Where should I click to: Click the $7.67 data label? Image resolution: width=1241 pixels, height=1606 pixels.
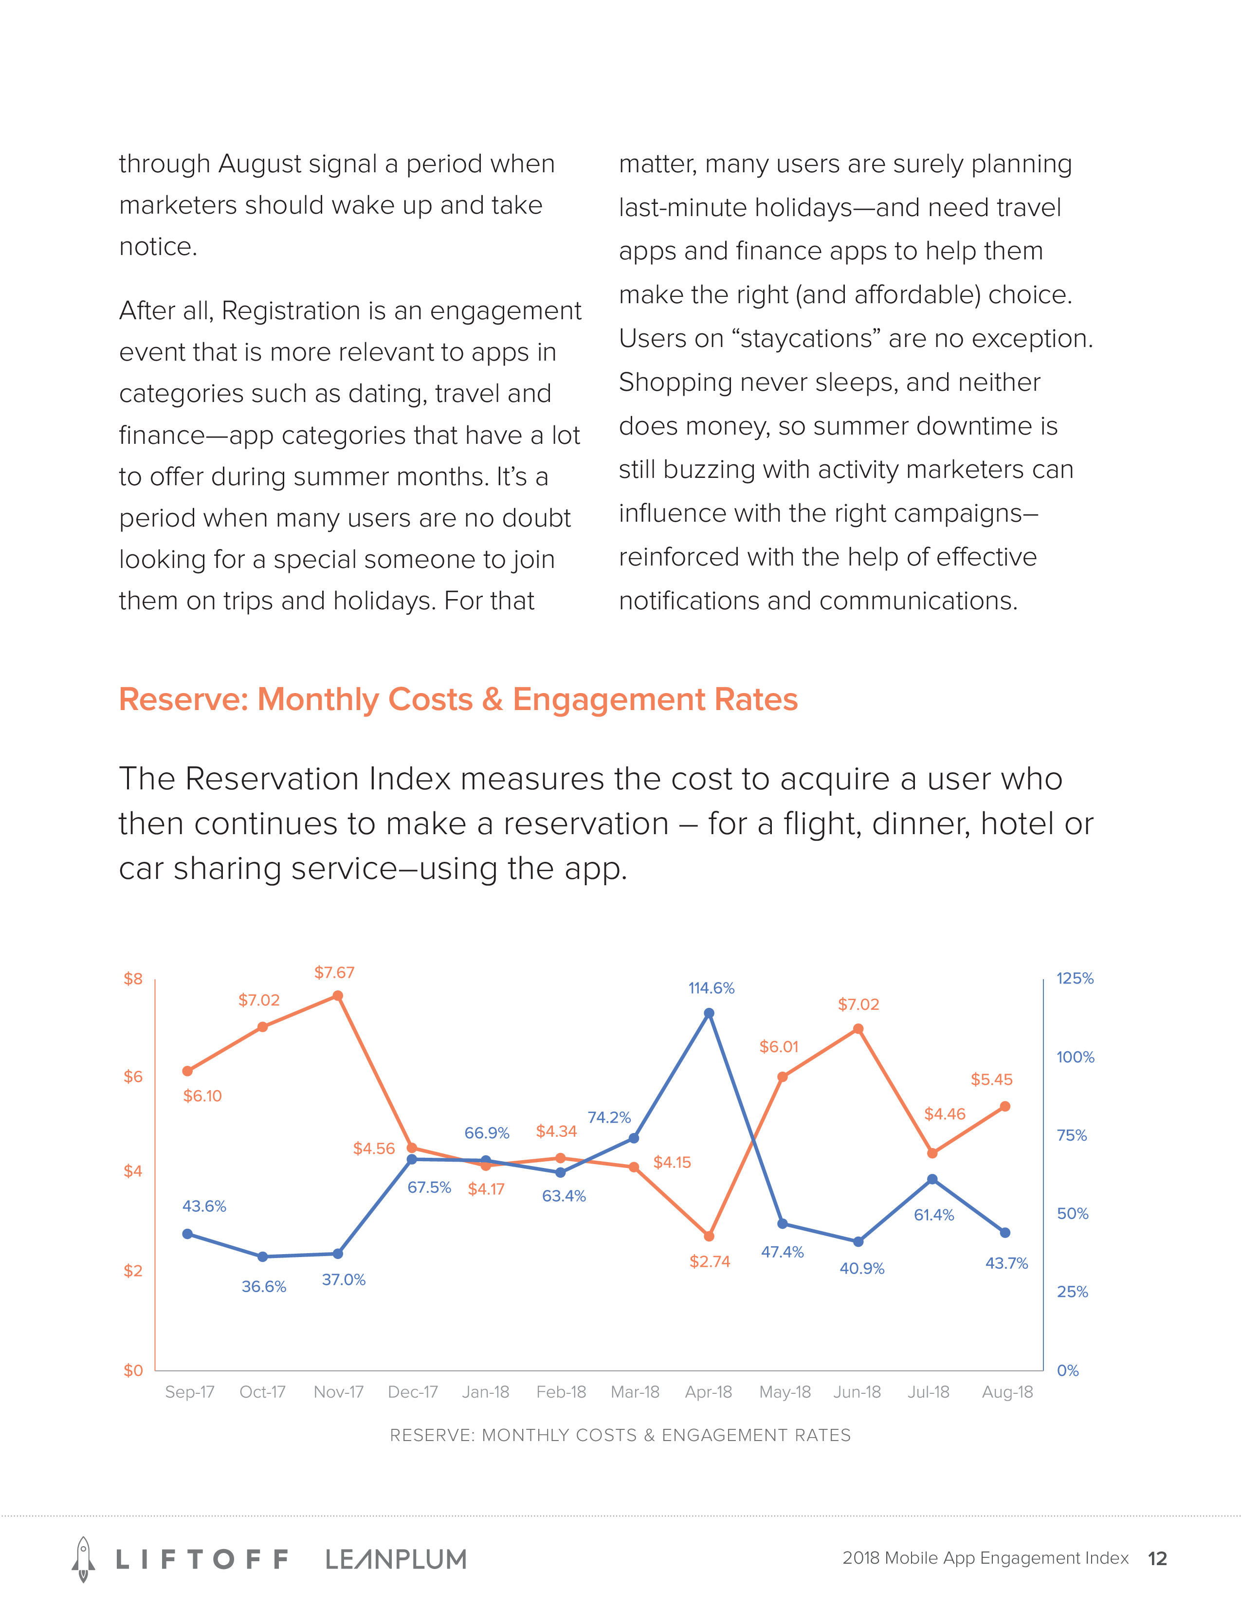coord(334,972)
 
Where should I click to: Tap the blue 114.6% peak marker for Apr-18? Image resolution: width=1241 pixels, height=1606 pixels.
coord(709,1013)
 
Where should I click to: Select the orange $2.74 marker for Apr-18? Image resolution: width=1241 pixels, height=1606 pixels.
coord(709,1236)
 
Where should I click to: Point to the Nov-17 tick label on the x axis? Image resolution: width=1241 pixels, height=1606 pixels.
coord(338,1392)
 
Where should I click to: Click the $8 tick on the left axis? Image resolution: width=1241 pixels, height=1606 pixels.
coord(133,979)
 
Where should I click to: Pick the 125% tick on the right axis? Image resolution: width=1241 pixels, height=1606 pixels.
coord(1075,979)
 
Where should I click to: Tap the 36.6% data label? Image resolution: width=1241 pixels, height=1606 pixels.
coord(264,1286)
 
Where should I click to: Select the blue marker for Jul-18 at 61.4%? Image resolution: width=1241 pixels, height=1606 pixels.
coord(932,1180)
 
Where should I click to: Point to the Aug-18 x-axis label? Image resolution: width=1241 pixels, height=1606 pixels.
coord(1007,1392)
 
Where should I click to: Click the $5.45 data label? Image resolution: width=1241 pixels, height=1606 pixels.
coord(991,1079)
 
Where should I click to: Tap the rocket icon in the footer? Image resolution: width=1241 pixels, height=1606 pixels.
coord(83,1558)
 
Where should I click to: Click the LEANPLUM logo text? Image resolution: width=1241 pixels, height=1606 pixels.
coord(396,1559)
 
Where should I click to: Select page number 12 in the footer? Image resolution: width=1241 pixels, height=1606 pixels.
coord(1157,1559)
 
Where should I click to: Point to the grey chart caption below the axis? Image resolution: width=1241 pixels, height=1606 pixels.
coord(620,1435)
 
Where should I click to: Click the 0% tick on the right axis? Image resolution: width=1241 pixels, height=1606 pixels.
coord(1067,1370)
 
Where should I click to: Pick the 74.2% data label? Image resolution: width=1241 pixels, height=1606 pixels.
coord(609,1118)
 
